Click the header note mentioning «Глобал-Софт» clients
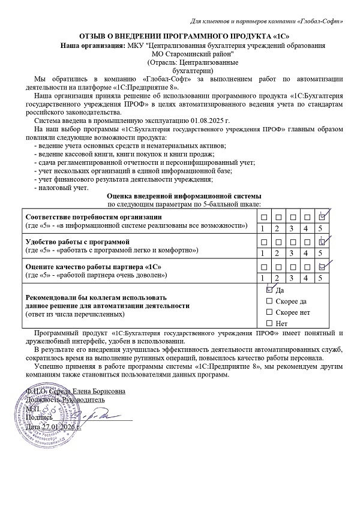[x=266, y=22]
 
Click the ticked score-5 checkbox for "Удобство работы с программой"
[x=321, y=242]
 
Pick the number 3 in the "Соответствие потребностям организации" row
[x=291, y=228]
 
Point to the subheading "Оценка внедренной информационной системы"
[x=184, y=196]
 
